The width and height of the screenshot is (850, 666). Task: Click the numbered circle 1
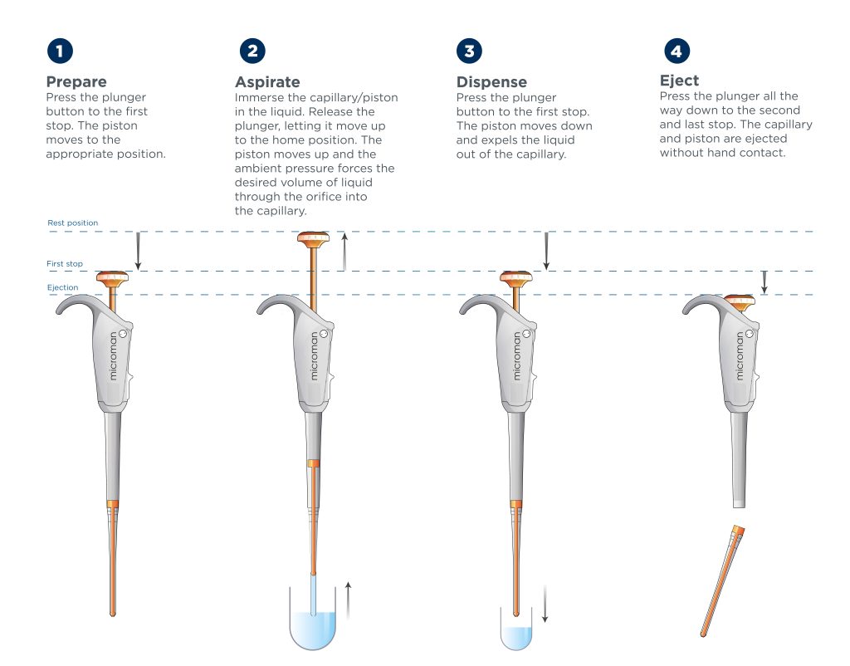click(60, 51)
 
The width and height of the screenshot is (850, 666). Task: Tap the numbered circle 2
click(252, 51)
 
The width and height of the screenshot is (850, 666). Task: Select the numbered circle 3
click(470, 51)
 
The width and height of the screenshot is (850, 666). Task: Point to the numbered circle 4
click(677, 51)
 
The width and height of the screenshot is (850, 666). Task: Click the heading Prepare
click(76, 82)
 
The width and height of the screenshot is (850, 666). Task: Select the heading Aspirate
click(267, 82)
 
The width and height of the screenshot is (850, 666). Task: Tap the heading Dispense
click(491, 82)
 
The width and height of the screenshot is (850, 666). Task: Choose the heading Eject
click(679, 81)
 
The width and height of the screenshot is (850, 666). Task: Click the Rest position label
click(73, 223)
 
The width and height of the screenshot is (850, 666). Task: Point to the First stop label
click(65, 263)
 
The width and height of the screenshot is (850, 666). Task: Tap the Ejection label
click(62, 287)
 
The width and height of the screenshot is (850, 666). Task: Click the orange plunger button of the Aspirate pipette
click(313, 239)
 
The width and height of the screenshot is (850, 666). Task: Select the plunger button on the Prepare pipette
click(113, 279)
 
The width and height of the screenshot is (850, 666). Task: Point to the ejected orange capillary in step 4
click(723, 580)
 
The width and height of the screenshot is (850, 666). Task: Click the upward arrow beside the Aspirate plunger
click(344, 252)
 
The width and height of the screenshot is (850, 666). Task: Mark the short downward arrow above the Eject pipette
click(765, 282)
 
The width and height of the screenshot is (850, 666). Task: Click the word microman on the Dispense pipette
click(516, 355)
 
